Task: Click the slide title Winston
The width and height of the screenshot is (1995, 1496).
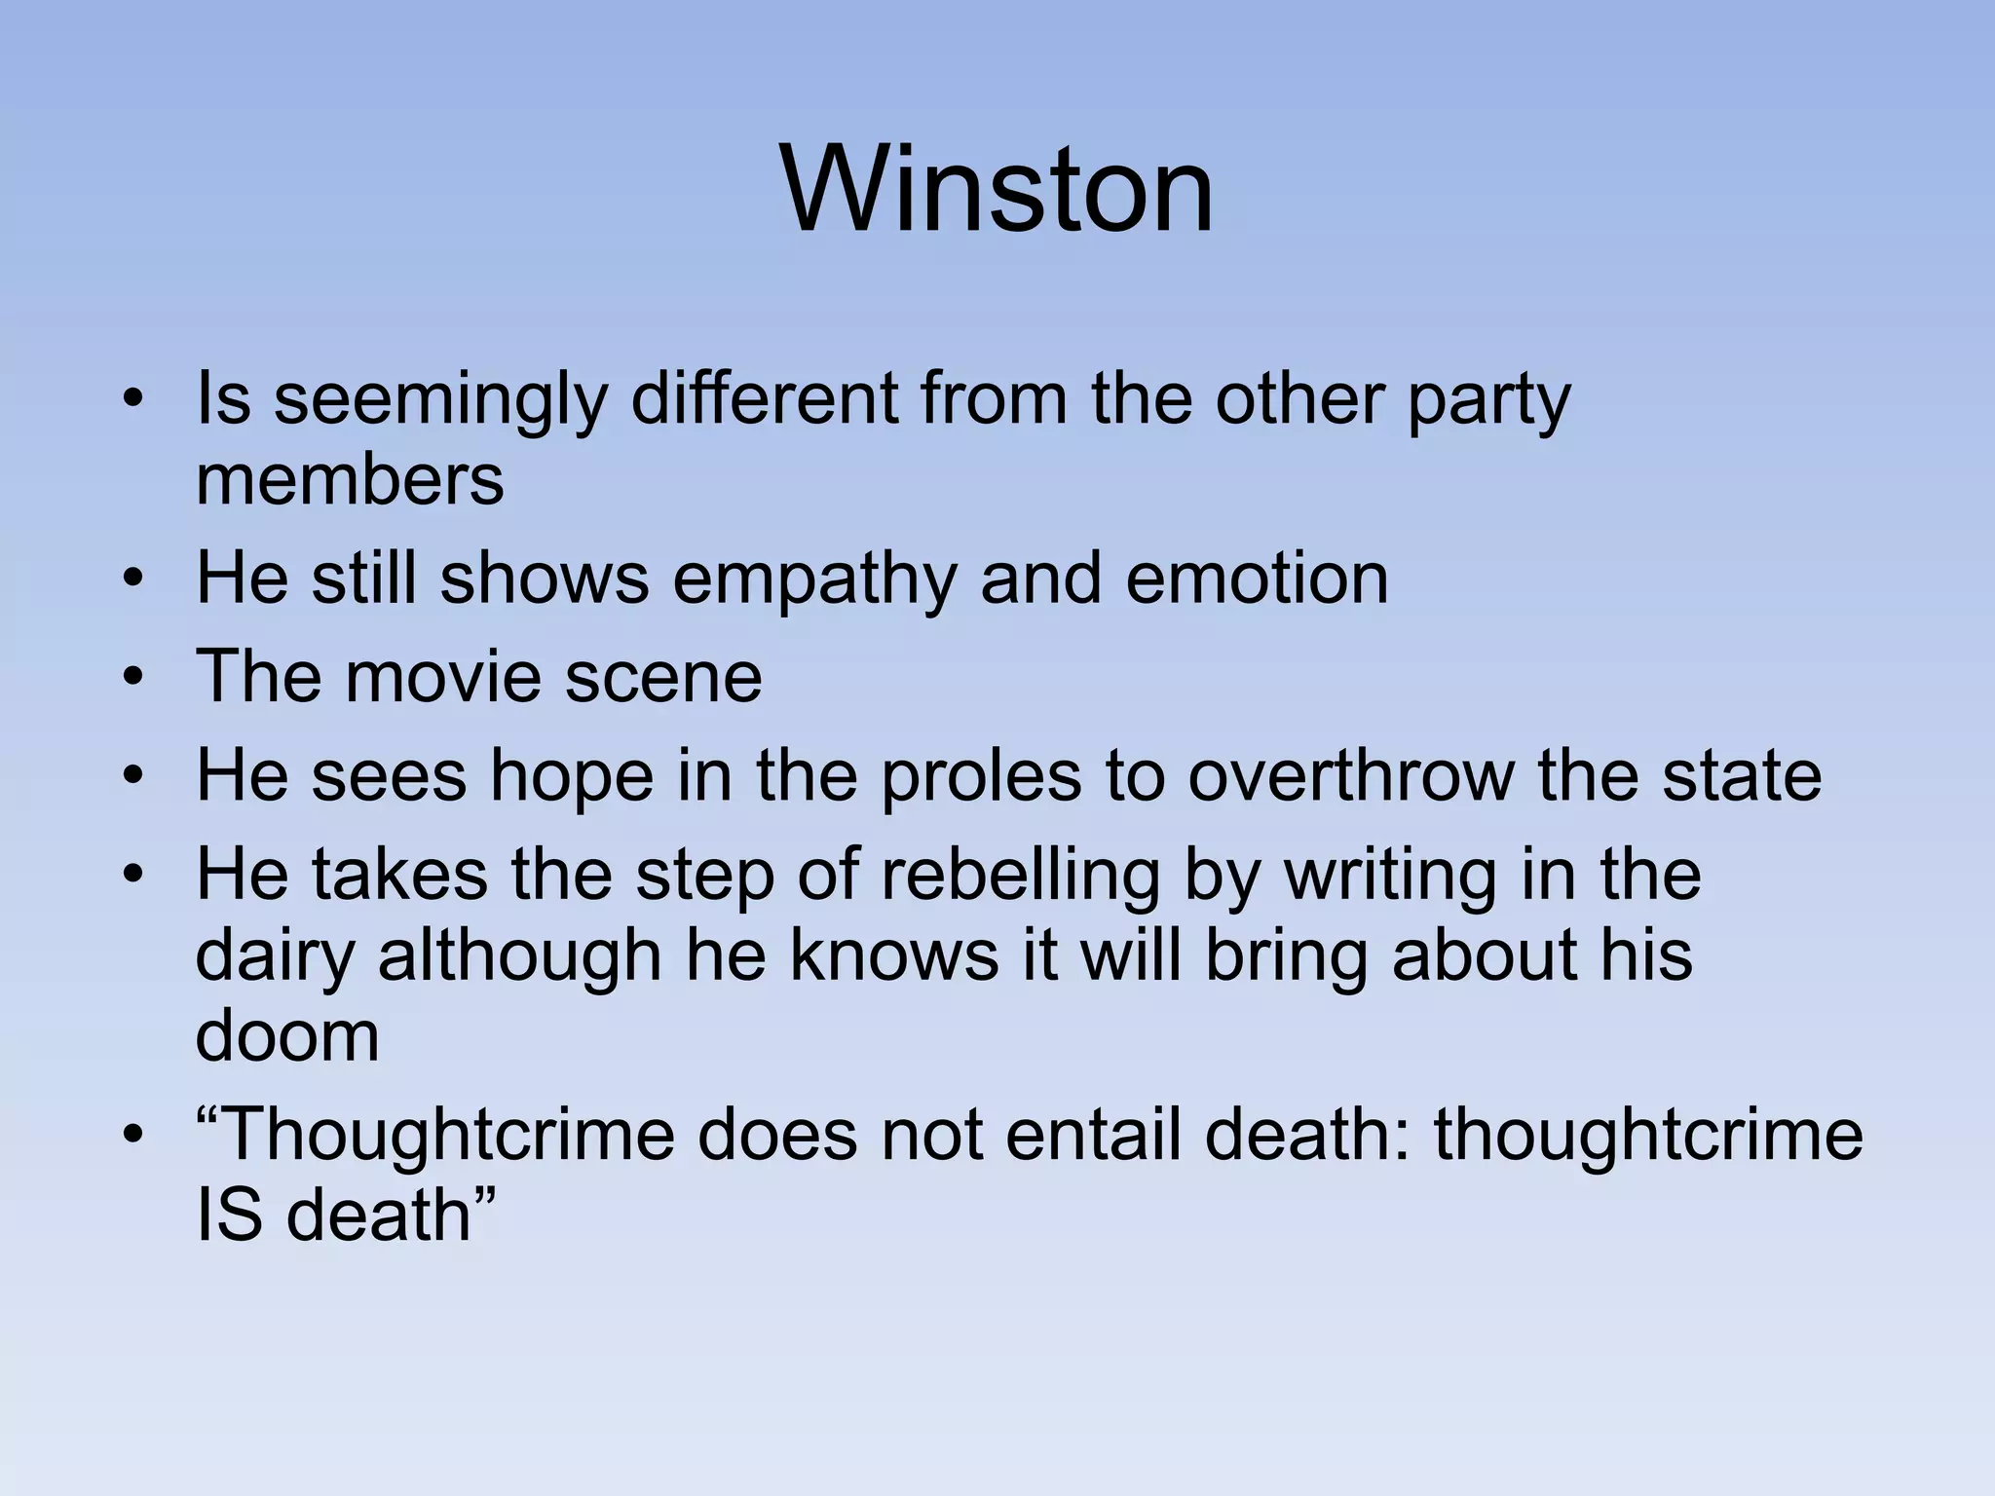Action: tap(997, 189)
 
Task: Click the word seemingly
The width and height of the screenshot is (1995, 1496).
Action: tap(440, 401)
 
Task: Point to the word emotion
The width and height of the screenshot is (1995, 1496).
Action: tap(1257, 579)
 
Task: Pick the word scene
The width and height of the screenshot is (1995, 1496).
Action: tap(663, 679)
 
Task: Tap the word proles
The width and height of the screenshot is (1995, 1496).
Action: tap(981, 777)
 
